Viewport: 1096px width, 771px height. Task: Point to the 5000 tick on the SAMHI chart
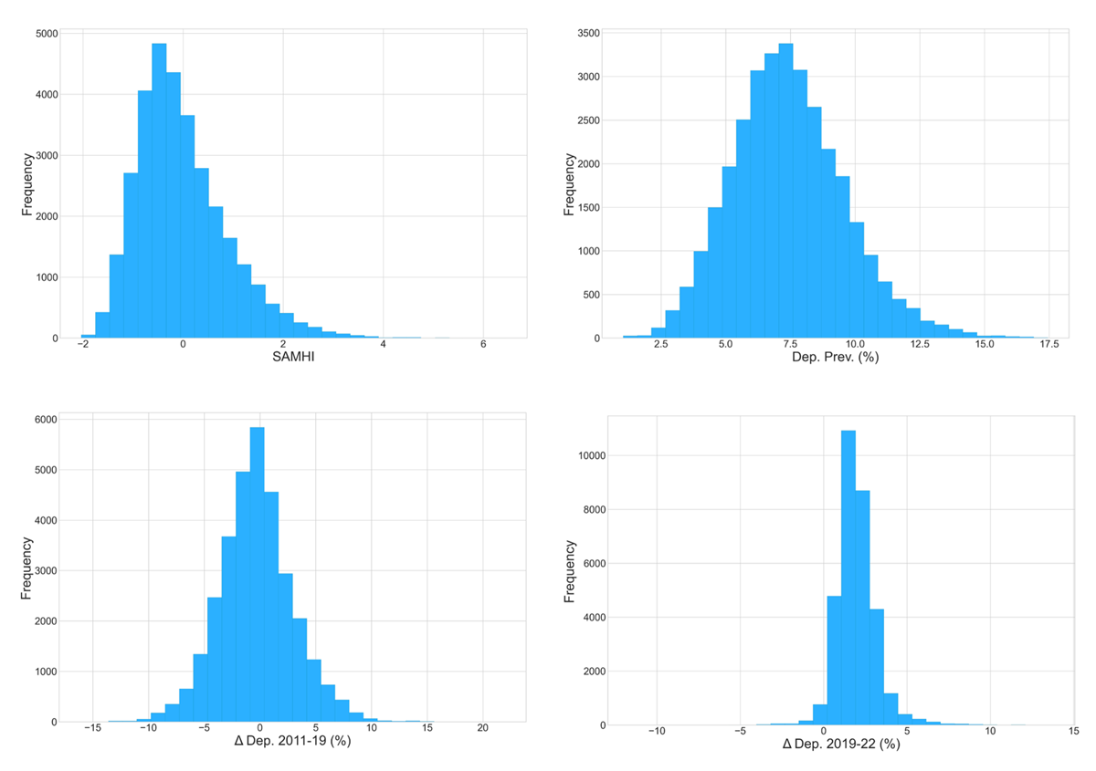[x=46, y=34]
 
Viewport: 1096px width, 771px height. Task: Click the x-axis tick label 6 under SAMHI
[x=482, y=345]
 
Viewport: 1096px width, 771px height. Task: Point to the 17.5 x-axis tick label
[x=1048, y=345]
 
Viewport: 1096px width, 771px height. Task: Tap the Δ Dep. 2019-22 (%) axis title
[x=841, y=745]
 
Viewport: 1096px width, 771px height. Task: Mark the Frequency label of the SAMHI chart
[x=27, y=187]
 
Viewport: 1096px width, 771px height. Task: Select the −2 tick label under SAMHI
[x=82, y=345]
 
